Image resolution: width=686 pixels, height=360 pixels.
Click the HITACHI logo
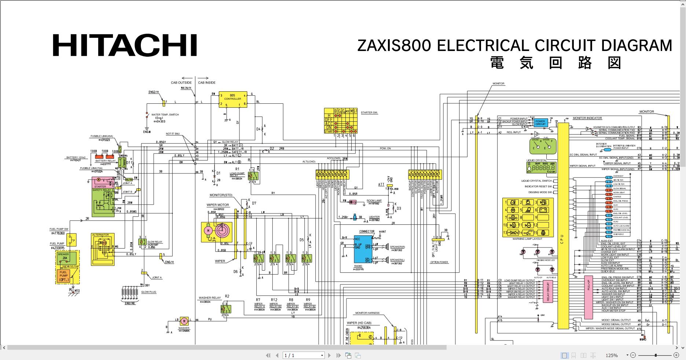[125, 45]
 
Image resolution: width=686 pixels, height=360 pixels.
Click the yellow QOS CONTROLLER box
[232, 99]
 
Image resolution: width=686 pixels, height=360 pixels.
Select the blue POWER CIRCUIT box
[540, 123]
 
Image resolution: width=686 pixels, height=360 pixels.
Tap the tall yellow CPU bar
[563, 225]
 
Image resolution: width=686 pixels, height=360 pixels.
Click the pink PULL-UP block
[588, 297]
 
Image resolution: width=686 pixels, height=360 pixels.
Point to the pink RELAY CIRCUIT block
[548, 292]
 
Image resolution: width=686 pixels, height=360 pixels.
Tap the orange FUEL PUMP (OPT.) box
[64, 276]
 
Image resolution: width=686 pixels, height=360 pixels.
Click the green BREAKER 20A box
[67, 258]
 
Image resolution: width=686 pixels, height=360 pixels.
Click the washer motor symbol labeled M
[184, 322]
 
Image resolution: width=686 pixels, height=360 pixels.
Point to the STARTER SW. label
[369, 113]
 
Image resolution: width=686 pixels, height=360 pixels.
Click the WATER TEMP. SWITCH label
[165, 115]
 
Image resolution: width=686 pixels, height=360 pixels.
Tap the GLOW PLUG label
[148, 292]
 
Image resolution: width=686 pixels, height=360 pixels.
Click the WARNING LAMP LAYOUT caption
[527, 239]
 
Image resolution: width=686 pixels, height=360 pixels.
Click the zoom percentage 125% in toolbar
[611, 355]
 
